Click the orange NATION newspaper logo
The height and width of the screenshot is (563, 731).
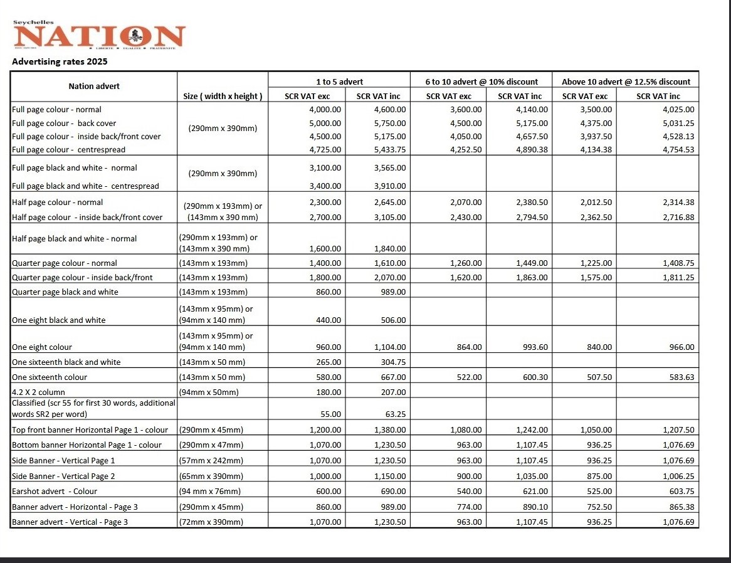tap(99, 36)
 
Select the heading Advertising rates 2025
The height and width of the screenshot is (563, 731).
tap(60, 61)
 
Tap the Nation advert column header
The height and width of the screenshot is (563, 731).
tap(94, 86)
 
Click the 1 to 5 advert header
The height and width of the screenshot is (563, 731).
tap(339, 82)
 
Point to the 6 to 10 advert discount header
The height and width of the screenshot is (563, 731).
tap(481, 82)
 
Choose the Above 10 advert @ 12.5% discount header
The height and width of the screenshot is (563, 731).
tap(626, 82)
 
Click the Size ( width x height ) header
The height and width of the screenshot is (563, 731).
tap(223, 96)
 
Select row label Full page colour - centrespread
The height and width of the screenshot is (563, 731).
tap(68, 150)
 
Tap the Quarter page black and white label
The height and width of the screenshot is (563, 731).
tap(65, 292)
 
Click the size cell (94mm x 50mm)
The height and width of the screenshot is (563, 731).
tap(209, 392)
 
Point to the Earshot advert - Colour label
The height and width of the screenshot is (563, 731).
tap(55, 491)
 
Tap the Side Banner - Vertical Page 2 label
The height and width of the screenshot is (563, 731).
tap(63, 476)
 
